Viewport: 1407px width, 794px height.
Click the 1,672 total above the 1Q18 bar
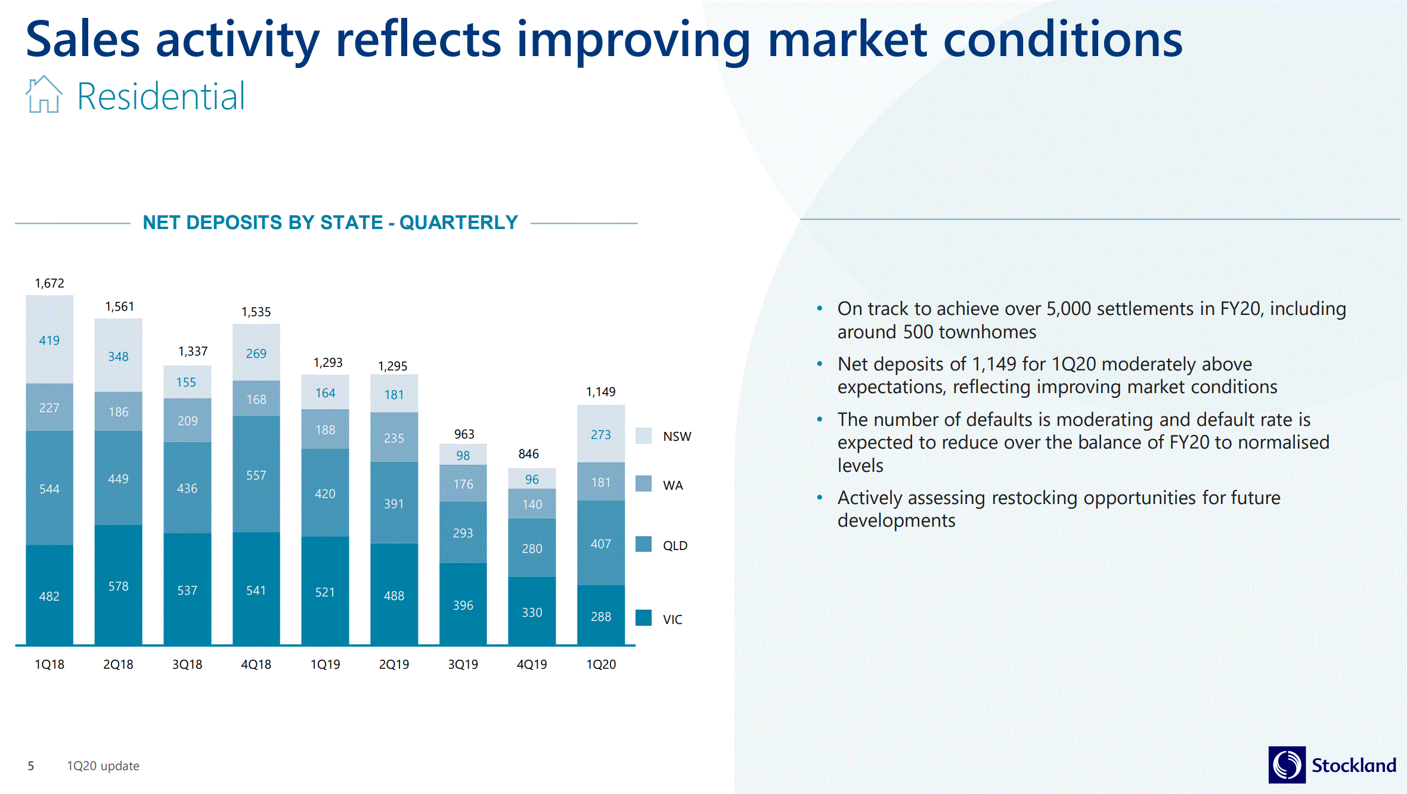click(x=49, y=283)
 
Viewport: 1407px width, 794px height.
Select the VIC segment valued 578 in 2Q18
click(x=118, y=586)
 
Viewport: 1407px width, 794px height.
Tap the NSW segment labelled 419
click(x=49, y=340)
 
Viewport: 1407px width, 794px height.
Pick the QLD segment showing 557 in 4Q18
click(x=256, y=475)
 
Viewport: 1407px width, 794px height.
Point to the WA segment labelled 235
click(x=394, y=438)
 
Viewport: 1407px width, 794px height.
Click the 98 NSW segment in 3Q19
click(x=463, y=455)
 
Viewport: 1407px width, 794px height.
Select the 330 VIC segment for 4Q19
click(x=532, y=612)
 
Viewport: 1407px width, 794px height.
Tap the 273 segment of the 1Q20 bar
click(x=601, y=434)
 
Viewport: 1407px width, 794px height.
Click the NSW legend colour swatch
click(x=643, y=436)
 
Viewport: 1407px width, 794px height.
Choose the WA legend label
click(x=673, y=486)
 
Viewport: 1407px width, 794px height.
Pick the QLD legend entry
click(x=675, y=546)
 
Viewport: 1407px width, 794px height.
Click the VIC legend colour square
click(x=643, y=618)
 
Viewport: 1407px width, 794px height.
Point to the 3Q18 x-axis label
click(x=187, y=665)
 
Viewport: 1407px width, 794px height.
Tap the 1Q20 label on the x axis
click(x=601, y=665)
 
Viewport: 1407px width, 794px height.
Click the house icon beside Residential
click(x=44, y=95)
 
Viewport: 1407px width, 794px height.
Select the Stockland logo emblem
click(x=1287, y=765)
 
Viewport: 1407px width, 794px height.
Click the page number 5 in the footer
click(x=31, y=766)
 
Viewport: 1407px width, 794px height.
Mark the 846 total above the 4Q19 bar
click(x=529, y=454)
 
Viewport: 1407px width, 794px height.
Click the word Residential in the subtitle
click(x=161, y=97)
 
